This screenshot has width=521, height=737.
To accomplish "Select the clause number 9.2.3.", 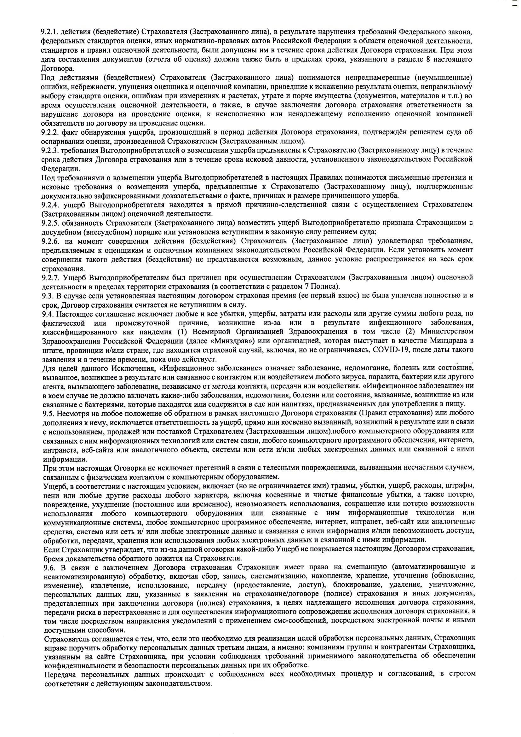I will tap(49, 150).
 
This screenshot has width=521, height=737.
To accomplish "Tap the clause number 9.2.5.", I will tap(49, 223).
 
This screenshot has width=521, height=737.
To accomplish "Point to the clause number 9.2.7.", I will tap(50, 277).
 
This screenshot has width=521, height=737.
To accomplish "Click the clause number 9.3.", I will tap(47, 295).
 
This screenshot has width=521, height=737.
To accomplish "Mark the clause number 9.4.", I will tap(47, 314).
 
